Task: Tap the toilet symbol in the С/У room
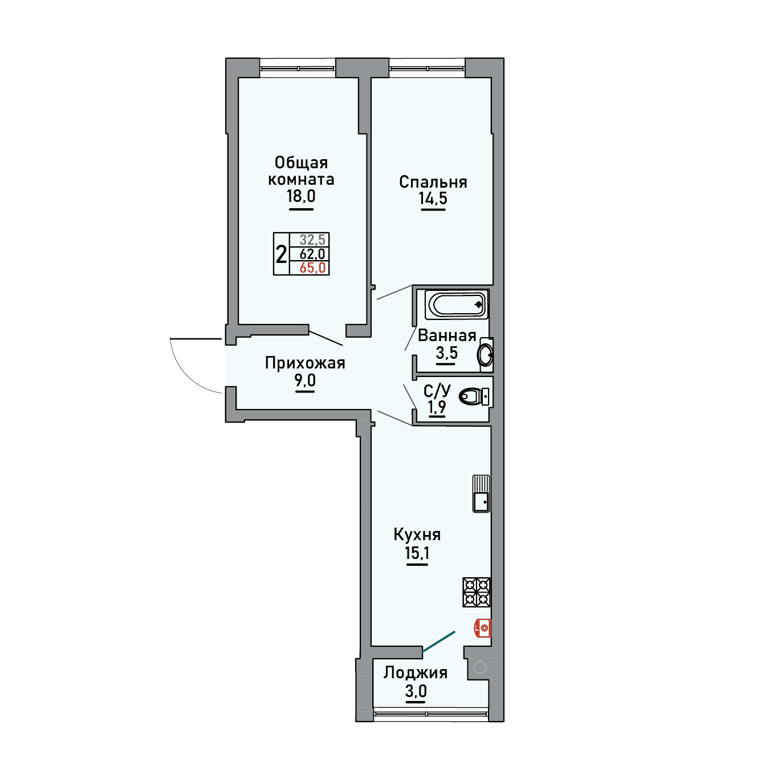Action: [474, 396]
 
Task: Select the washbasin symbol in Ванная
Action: [485, 354]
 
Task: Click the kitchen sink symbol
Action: [481, 493]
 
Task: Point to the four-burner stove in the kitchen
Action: [477, 592]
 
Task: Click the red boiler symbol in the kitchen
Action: [483, 628]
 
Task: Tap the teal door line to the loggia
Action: [438, 642]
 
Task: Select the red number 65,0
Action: [312, 268]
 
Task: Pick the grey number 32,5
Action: [312, 240]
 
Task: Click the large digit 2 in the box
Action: [282, 254]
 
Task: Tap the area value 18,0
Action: [301, 196]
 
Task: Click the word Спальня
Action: [433, 182]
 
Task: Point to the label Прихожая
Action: [305, 363]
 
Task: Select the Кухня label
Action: [417, 534]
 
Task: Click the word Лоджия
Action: [416, 672]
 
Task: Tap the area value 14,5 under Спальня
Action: [433, 198]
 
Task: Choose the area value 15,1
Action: [417, 553]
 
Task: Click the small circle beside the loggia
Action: [480, 668]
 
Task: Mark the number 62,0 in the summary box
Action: [312, 254]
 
